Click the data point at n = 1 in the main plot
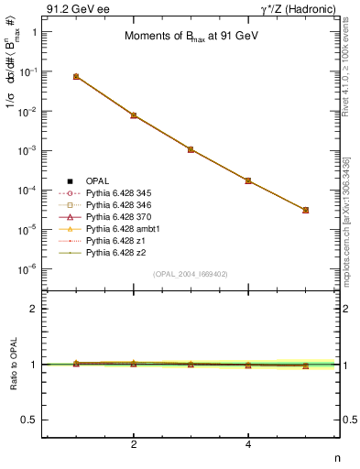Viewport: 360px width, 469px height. tap(76, 76)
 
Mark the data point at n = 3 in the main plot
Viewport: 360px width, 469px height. tap(191, 148)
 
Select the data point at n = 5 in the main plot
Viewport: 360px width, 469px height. tap(306, 210)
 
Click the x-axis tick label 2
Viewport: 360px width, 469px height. tap(134, 444)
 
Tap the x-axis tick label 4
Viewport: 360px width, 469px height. tap(248, 444)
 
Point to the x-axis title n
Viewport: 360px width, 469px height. tap(336, 457)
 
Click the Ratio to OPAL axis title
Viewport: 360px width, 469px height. tap(12, 364)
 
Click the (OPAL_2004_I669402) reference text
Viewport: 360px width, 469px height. tap(191, 273)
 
